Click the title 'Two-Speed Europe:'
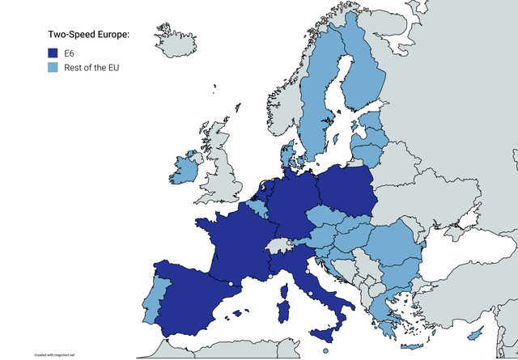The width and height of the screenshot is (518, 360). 89,34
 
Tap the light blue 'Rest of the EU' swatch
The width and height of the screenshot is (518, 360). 53,67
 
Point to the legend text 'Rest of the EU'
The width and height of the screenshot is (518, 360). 91,67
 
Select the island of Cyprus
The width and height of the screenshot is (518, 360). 478,332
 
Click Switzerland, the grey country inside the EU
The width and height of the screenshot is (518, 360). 278,244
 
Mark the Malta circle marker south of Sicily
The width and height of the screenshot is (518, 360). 325,350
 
